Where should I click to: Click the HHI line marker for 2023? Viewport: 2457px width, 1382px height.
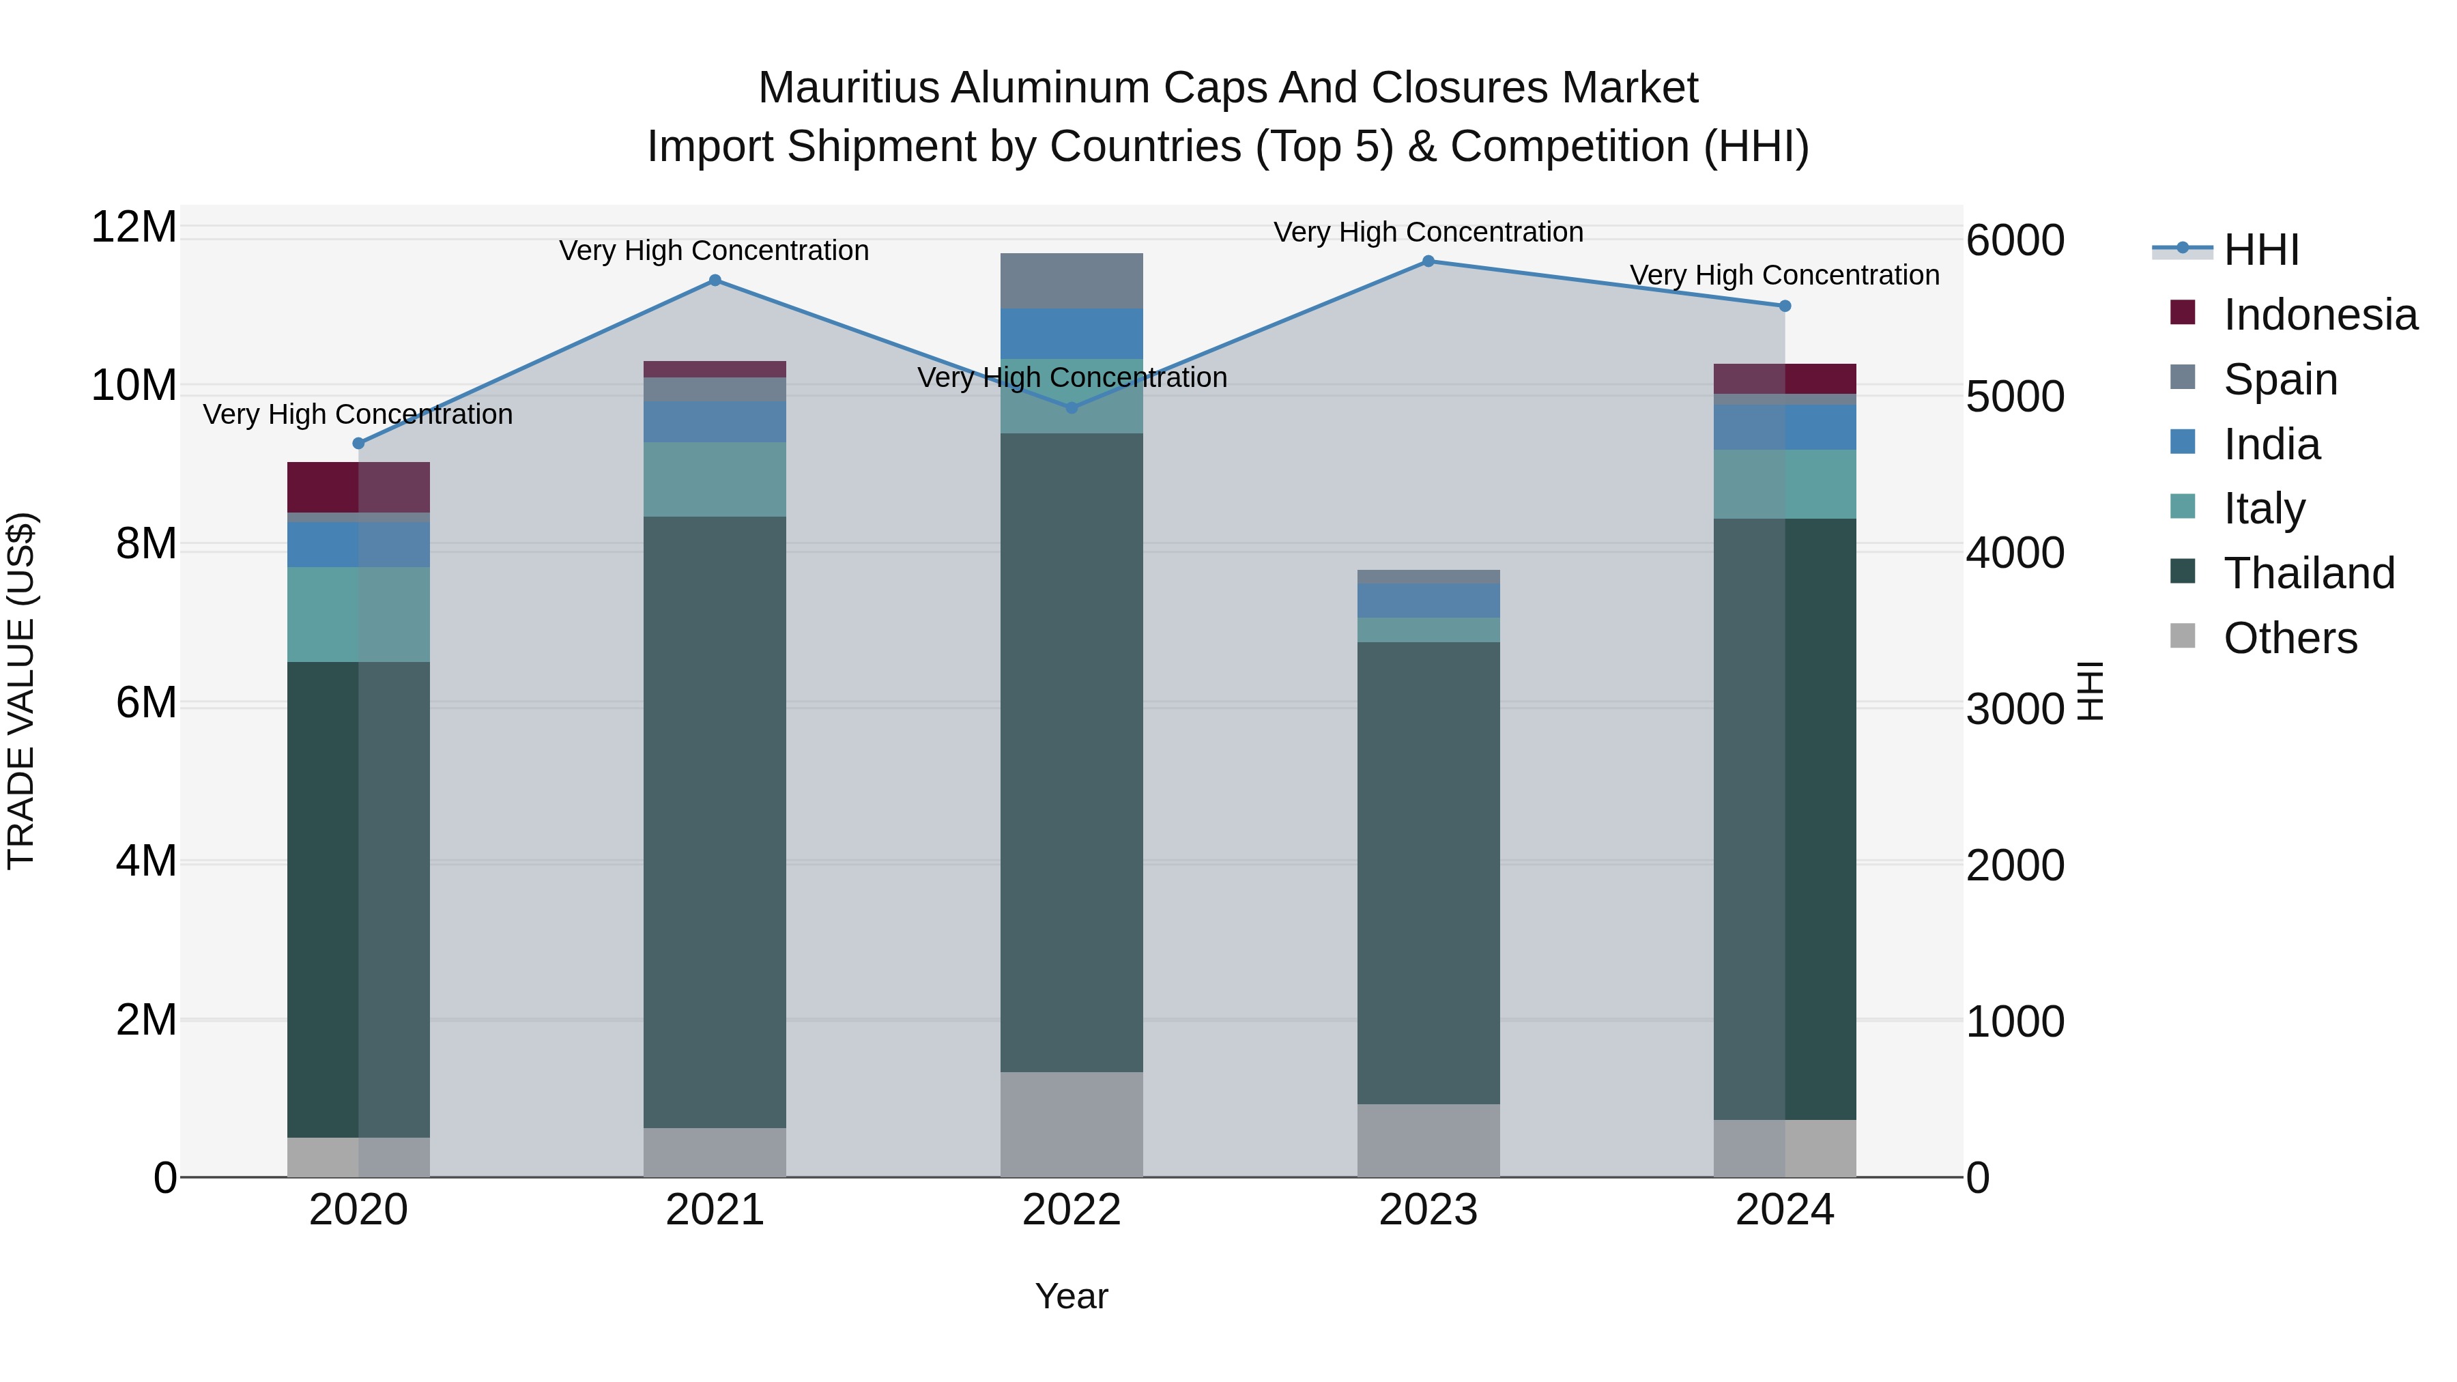[x=1428, y=261]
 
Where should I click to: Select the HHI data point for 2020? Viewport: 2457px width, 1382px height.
[x=358, y=444]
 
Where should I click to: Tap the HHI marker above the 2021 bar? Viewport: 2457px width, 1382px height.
[x=715, y=280]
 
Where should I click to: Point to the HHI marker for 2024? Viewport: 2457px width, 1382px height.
[x=1785, y=306]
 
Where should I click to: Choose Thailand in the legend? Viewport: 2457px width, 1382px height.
[x=2308, y=573]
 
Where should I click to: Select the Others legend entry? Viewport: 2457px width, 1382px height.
[x=2289, y=638]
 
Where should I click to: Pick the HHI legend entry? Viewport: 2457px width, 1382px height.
[x=2260, y=250]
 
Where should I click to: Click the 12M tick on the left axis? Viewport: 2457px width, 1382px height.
[x=134, y=227]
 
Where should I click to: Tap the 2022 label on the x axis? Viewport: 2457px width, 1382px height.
[x=1071, y=1210]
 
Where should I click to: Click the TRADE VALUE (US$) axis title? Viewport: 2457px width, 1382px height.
[x=22, y=691]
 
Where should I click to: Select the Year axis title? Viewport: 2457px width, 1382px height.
[x=1071, y=1296]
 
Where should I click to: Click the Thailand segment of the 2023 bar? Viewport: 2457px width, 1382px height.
[x=1428, y=873]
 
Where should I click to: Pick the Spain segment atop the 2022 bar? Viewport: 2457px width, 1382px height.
[x=1071, y=280]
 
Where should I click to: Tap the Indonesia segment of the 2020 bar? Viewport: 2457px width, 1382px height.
[x=358, y=487]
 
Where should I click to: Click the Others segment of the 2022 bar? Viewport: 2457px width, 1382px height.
[x=1071, y=1125]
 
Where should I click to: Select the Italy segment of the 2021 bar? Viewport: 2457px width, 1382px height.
[x=715, y=479]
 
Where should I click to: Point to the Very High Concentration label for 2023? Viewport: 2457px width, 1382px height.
[x=1428, y=232]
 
